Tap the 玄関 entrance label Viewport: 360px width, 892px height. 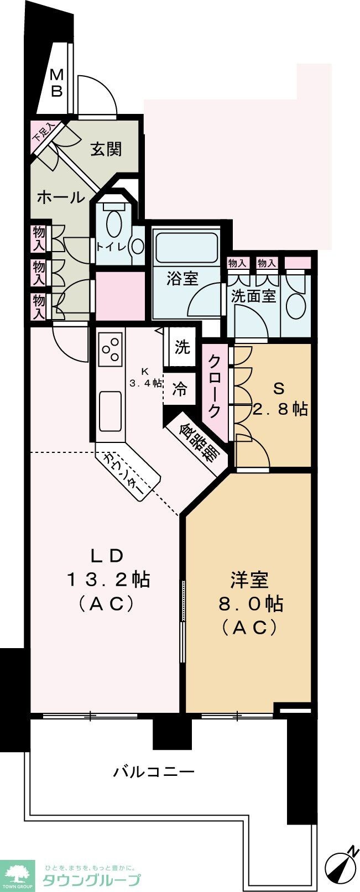(x=106, y=149)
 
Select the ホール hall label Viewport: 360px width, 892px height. (x=60, y=197)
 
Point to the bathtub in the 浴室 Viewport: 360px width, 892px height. (x=186, y=247)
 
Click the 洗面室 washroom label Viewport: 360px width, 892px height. (x=253, y=296)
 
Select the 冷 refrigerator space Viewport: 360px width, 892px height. (x=180, y=389)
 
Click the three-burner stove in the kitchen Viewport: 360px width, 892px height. (x=111, y=350)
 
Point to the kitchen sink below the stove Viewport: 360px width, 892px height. (x=111, y=410)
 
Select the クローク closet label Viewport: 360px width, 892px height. (x=214, y=385)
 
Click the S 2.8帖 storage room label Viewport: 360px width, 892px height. (x=280, y=399)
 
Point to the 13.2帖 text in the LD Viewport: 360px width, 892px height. (x=108, y=580)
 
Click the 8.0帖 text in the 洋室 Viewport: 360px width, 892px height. (x=249, y=603)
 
